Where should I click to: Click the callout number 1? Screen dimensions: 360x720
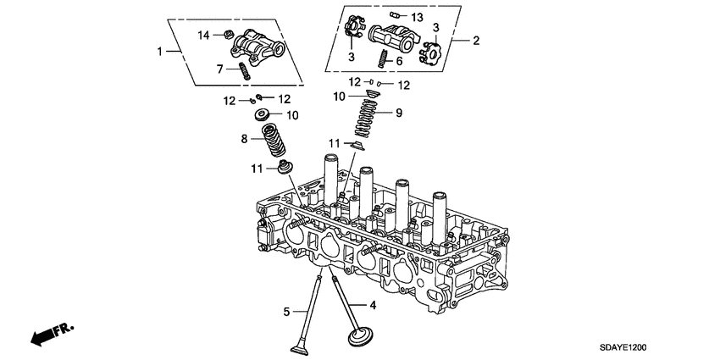click(159, 52)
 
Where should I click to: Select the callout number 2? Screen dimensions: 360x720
click(476, 40)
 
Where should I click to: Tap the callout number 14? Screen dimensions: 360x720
click(203, 35)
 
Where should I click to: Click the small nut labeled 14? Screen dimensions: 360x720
click(228, 35)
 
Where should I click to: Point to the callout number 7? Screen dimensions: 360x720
click(220, 67)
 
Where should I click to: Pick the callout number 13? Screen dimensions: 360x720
click(417, 17)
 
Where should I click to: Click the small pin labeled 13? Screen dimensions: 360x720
click(396, 15)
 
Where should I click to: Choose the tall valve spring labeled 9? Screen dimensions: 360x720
click(368, 119)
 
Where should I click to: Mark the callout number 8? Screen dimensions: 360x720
click(245, 138)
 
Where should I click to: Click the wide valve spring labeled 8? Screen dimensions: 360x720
click(274, 139)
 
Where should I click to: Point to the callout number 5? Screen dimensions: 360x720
click(286, 312)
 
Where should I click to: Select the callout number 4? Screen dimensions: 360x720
click(371, 302)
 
